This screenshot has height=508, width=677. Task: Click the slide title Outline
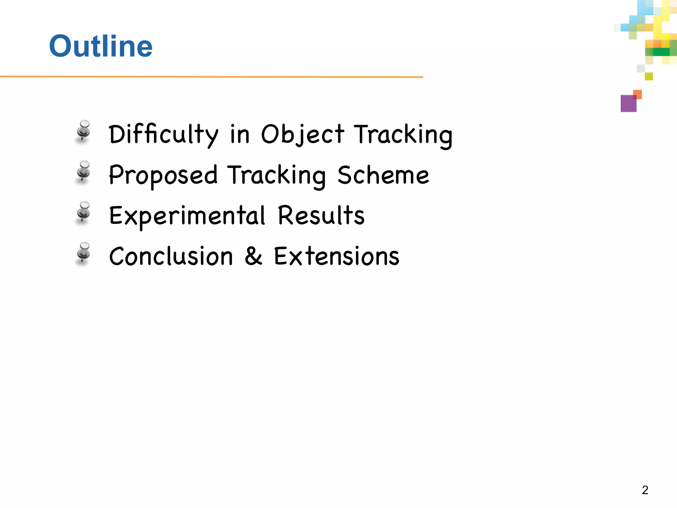coord(101,46)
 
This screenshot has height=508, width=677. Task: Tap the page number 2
coord(645,490)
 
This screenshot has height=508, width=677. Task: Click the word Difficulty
coord(164,134)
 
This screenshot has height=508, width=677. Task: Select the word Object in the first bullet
coord(302,134)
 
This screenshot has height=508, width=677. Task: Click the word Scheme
coord(383,175)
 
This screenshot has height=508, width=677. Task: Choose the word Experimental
coord(187,216)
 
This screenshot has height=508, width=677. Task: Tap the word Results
coord(321,215)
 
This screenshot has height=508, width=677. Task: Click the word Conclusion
coord(171,256)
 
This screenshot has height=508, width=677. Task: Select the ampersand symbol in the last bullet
coord(254,256)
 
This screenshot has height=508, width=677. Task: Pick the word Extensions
coord(337,256)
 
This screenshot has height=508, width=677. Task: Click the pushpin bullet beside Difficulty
coord(83,131)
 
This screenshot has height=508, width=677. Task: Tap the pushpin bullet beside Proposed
coord(83,172)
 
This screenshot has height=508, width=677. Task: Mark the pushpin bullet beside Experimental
coord(83,213)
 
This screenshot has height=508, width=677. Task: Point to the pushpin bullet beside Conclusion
coord(83,253)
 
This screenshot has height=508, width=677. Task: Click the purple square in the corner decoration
coord(628,104)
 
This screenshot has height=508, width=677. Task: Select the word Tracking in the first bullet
coord(403,134)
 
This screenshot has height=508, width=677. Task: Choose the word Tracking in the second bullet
coord(277,175)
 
